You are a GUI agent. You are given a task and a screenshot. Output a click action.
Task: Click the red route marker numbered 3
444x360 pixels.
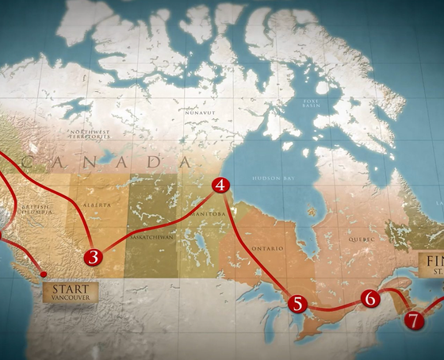point(94,256)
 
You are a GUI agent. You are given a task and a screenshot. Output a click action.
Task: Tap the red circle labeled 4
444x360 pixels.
point(220,186)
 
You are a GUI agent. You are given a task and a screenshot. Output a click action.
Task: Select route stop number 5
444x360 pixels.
point(297,303)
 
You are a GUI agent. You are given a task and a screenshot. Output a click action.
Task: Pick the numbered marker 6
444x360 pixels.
point(369,298)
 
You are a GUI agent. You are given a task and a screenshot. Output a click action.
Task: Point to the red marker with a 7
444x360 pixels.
point(413,320)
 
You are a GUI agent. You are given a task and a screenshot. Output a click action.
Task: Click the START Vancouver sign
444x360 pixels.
point(71,293)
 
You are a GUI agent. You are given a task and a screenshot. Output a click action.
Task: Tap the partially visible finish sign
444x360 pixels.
point(431,265)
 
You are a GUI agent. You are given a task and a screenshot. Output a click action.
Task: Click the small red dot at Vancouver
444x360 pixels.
point(44,274)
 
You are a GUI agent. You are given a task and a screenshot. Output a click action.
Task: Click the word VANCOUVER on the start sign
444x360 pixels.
point(71,298)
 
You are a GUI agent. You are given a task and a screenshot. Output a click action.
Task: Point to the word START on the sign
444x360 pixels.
point(71,289)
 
